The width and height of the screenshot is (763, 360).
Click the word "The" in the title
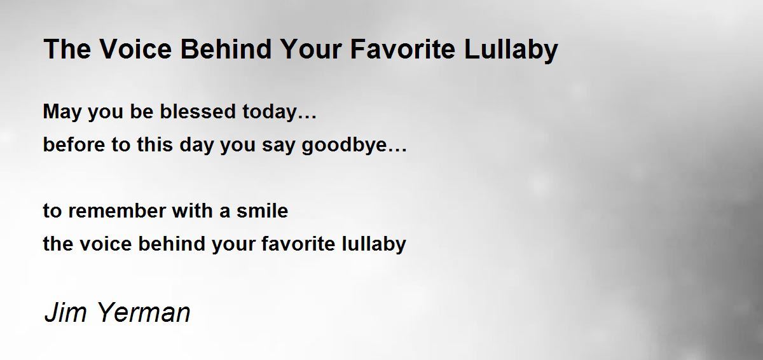tap(67, 49)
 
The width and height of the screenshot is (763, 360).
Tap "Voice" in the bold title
tap(135, 49)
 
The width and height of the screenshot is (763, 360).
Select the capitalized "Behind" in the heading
tap(226, 49)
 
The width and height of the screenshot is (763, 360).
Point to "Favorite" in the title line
tap(402, 49)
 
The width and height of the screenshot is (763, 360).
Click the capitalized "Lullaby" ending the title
tap(511, 51)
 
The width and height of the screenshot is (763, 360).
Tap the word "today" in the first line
tap(270, 113)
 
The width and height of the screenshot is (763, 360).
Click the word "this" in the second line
tap(155, 144)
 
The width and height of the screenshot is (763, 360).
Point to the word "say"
tap(278, 146)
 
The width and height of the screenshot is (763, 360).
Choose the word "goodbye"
tap(345, 146)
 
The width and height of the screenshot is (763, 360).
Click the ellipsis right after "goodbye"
tap(397, 150)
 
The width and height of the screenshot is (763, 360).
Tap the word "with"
tap(192, 211)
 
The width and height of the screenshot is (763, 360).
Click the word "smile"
tap(262, 211)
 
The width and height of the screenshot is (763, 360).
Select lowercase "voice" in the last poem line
tap(106, 244)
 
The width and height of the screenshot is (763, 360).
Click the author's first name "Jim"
tap(65, 312)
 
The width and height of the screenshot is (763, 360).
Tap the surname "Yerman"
tap(144, 312)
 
